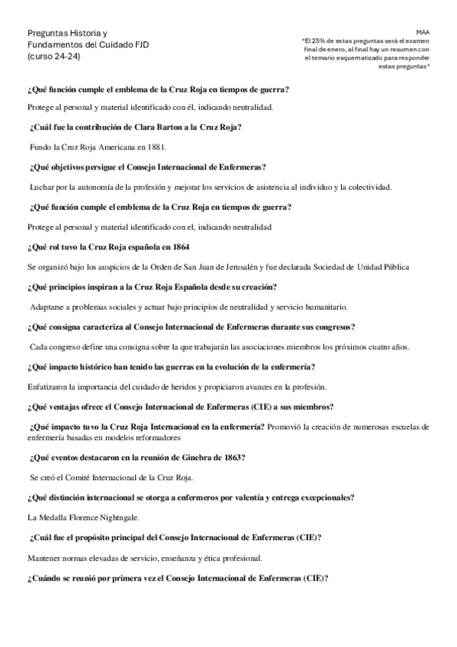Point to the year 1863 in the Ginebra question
(x=232, y=456)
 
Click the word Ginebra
(x=199, y=456)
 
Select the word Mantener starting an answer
(x=45, y=557)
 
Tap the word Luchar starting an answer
(x=43, y=186)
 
